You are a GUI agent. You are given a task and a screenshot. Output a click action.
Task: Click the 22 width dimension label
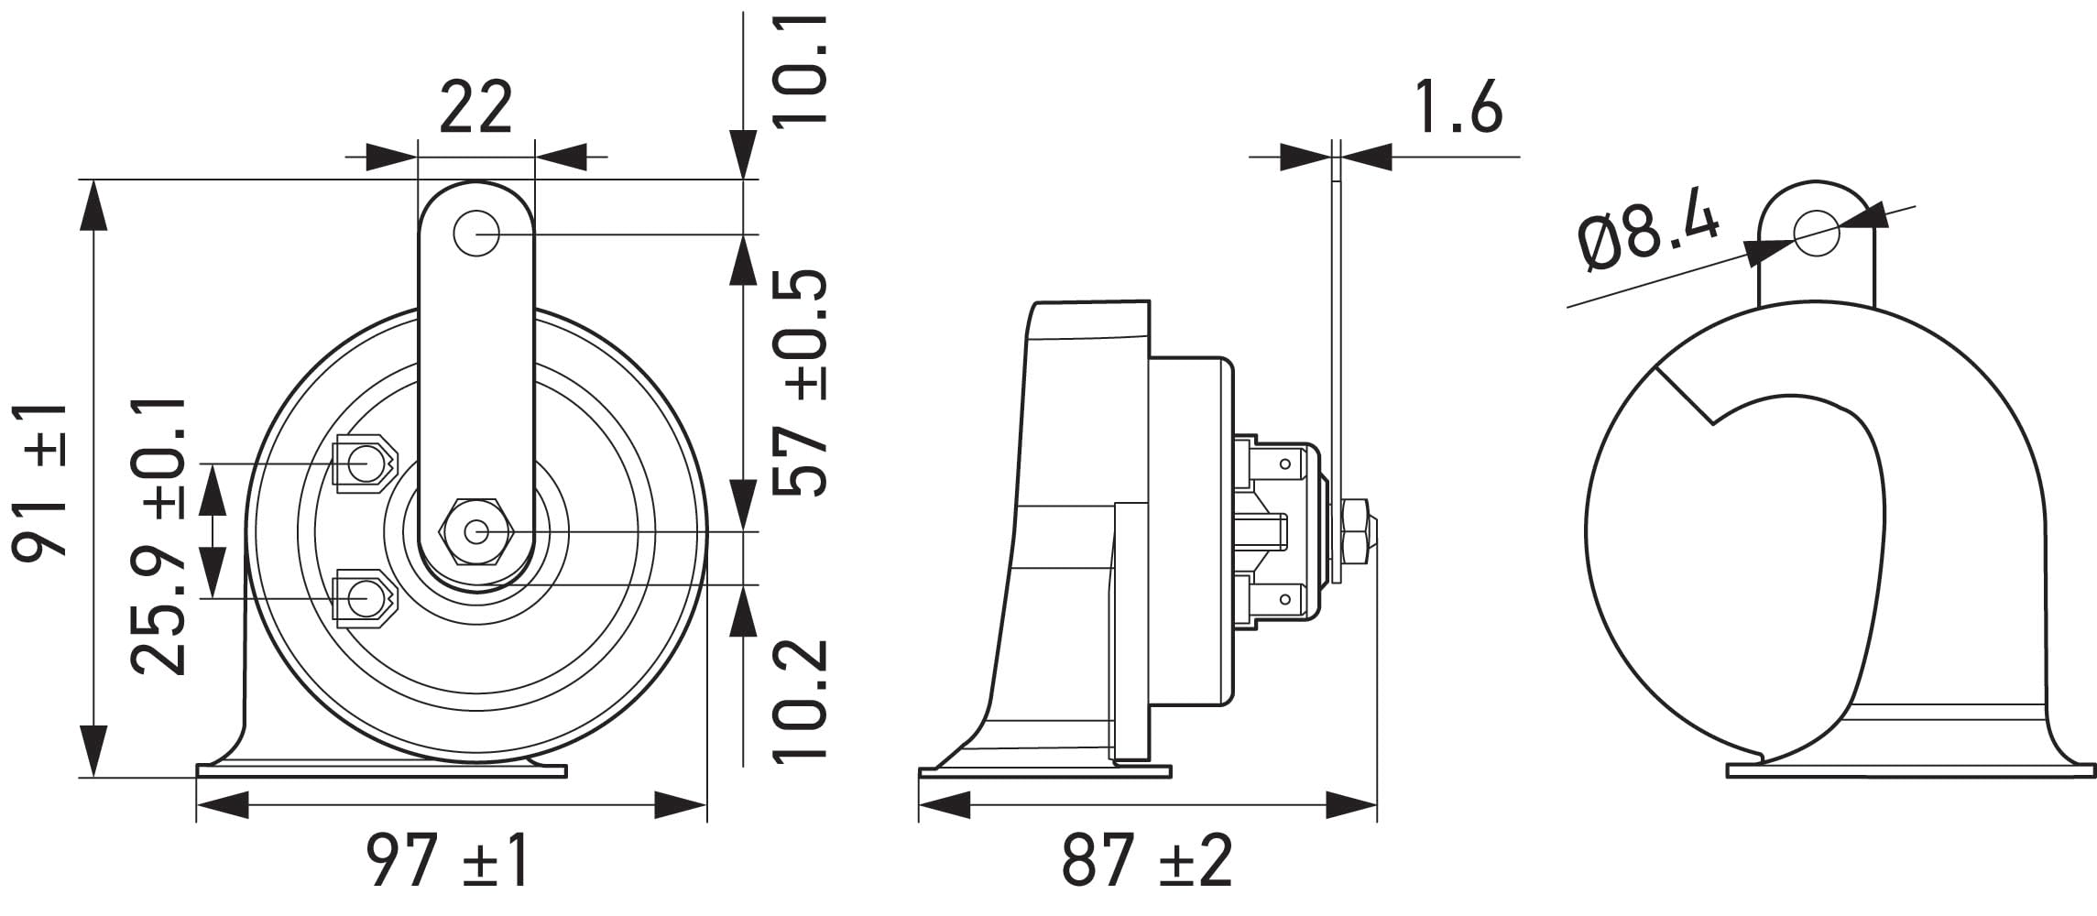click(475, 108)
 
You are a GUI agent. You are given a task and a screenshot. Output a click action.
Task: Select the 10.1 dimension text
click(801, 70)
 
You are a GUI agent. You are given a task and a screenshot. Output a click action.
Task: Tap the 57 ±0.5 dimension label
click(801, 383)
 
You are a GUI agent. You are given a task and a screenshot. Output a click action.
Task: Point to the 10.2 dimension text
click(801, 700)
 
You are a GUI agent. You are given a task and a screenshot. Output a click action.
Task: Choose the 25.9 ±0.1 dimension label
click(158, 536)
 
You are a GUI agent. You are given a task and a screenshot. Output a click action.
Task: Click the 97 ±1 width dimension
click(448, 860)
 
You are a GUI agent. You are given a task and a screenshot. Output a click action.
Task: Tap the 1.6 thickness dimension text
click(1458, 108)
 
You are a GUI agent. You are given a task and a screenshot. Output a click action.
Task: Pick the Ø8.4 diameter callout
click(1648, 235)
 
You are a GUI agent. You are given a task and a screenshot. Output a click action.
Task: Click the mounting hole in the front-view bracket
click(475, 234)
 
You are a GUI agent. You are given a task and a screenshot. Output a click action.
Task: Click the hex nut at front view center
click(476, 531)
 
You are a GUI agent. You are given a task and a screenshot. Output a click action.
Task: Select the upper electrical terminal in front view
click(365, 463)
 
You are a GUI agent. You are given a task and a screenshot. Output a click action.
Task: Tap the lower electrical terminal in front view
click(365, 599)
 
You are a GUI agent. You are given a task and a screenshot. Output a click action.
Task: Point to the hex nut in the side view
click(1356, 531)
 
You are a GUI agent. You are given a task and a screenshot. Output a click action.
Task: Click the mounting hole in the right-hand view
click(1817, 233)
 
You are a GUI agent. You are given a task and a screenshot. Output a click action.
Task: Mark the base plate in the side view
click(1044, 772)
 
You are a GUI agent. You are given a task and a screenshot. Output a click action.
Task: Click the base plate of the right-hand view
click(1910, 771)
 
